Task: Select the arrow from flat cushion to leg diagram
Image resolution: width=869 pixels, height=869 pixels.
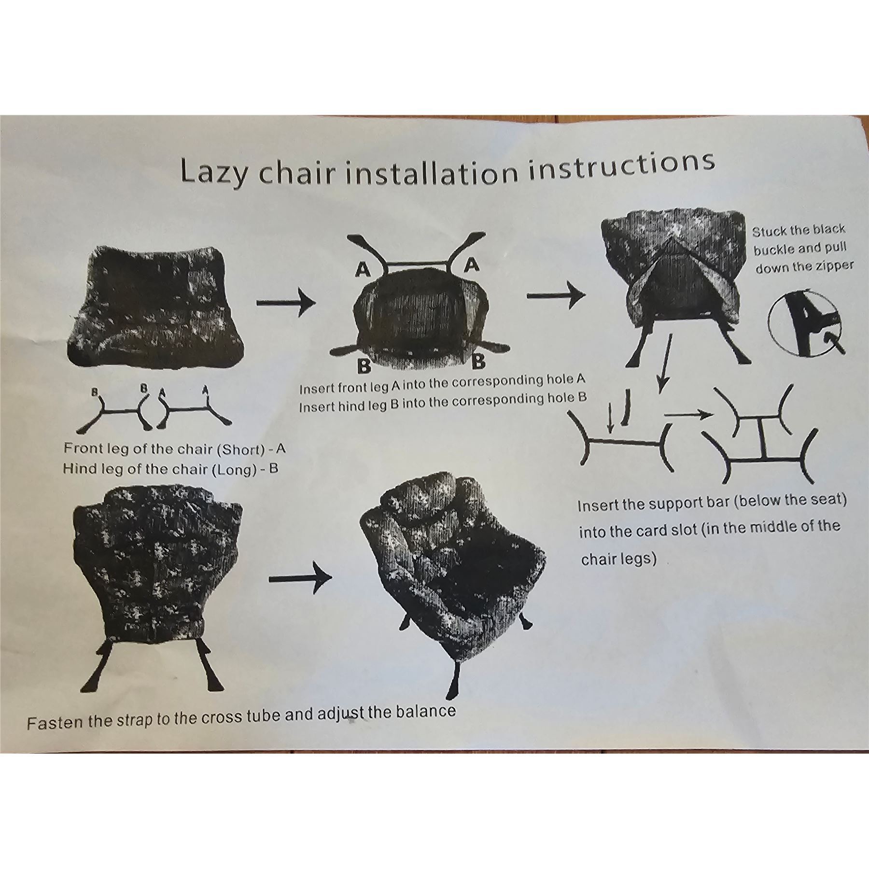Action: click(x=286, y=303)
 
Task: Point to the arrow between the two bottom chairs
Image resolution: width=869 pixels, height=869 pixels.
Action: click(x=300, y=578)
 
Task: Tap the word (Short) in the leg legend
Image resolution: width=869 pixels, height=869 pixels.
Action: click(x=240, y=449)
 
